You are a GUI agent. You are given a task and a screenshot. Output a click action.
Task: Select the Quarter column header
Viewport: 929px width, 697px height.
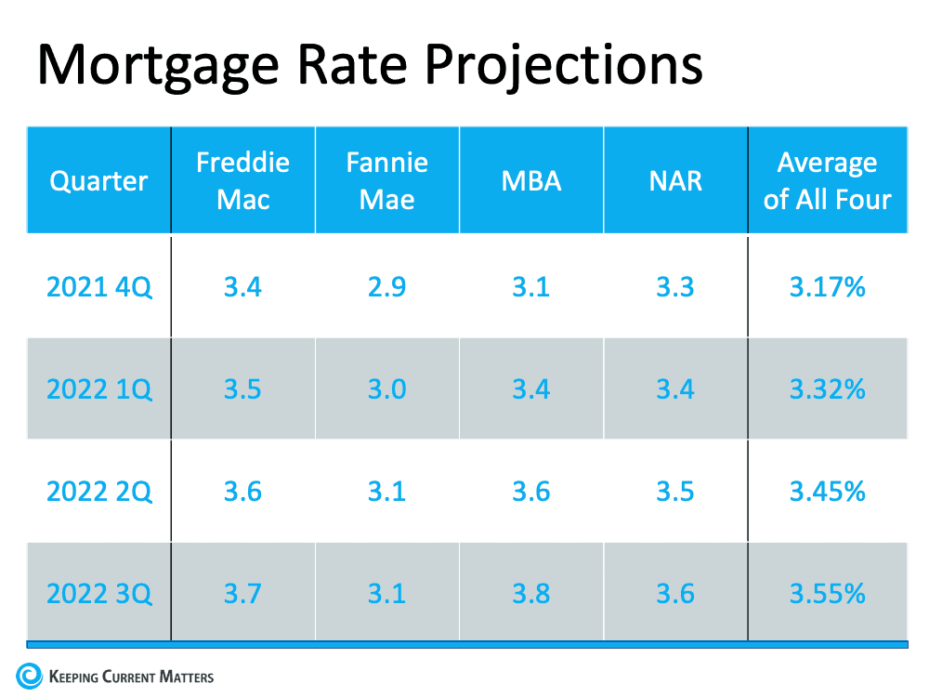coord(98,180)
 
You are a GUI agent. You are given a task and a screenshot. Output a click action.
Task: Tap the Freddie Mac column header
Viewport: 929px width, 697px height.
coord(242,180)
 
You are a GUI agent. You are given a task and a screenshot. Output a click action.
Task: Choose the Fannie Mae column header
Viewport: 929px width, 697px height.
coord(386,180)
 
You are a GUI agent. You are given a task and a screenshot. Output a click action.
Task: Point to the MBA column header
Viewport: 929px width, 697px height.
coord(531,180)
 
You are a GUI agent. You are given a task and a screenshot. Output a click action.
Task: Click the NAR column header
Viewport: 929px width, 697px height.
coord(675,180)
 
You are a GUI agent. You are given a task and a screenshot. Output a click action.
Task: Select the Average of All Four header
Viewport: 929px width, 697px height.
coord(827,180)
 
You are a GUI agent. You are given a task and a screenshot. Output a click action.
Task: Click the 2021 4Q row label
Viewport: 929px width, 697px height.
coord(98,287)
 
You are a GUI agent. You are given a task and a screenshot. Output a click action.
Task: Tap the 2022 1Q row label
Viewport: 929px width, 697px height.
coord(98,388)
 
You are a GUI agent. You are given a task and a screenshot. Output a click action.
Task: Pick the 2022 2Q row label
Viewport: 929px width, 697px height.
coord(98,491)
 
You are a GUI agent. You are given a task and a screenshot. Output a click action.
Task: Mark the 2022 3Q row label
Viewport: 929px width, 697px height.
coord(98,592)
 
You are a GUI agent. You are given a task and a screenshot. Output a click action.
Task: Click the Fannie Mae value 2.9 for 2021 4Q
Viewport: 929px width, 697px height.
coord(386,287)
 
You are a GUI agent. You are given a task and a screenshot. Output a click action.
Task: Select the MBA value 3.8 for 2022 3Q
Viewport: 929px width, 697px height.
coord(531,592)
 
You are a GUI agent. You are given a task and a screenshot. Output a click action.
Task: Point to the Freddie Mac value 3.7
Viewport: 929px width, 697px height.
coord(242,592)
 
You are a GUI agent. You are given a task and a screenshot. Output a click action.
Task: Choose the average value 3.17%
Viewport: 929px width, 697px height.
coord(827,287)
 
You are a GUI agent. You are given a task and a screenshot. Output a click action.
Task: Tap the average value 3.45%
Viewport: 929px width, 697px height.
coord(827,491)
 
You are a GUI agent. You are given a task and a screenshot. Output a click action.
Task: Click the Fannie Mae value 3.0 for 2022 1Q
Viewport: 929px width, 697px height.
coord(386,388)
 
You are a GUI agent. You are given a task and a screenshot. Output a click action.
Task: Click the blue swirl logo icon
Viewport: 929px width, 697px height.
coord(29,676)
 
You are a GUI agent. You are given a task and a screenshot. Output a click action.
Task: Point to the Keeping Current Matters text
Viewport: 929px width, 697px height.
coord(130,677)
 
